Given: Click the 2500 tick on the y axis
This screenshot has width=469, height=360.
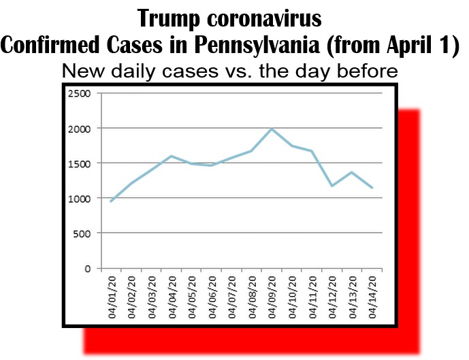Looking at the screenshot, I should click(80, 93).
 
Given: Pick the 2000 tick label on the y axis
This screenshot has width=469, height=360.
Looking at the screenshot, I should click(80, 128).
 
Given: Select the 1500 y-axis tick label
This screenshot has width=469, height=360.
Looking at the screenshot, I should click(80, 163).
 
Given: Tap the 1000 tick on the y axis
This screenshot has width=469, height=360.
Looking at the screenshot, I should click(80, 198).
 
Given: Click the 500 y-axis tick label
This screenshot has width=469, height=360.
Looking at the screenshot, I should click(83, 233).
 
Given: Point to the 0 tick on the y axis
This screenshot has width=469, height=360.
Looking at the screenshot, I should click(87, 268).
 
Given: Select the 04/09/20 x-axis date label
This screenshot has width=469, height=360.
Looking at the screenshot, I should click(272, 295).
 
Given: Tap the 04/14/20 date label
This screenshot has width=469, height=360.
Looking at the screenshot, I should click(372, 295).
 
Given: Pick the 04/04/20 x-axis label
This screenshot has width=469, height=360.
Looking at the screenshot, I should click(172, 295).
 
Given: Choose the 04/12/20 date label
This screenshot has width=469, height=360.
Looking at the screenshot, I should click(332, 295).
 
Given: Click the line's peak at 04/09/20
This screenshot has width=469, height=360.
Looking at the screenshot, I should click(272, 129).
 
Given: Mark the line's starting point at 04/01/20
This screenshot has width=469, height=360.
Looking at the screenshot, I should click(111, 201).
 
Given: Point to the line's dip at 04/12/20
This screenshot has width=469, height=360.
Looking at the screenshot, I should click(332, 186).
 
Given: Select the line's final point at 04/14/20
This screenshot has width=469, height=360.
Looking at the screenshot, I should click(372, 188).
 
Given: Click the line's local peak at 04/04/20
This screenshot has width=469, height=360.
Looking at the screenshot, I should click(171, 156).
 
